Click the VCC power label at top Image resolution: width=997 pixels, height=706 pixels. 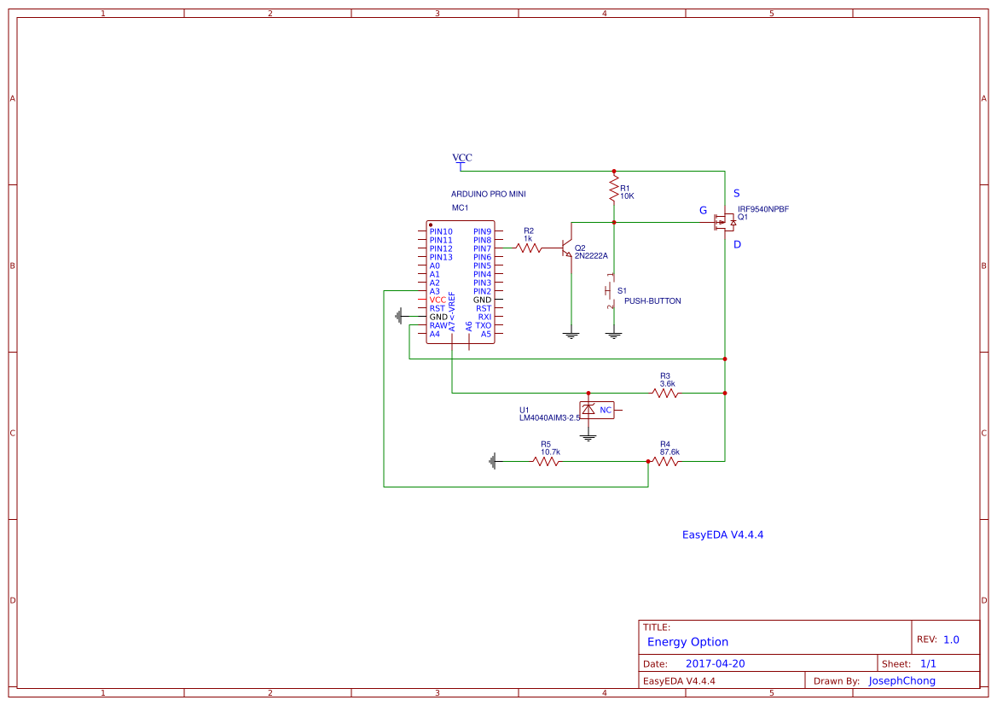(461, 158)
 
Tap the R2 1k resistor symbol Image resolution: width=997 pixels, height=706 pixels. (529, 248)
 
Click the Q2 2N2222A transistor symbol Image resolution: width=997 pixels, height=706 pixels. (567, 248)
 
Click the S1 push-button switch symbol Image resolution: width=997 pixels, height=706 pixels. (611, 291)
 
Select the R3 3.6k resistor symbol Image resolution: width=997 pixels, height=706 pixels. (665, 393)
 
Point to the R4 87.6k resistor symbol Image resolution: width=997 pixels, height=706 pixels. (665, 461)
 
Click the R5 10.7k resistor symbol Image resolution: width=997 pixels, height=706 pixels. (546, 461)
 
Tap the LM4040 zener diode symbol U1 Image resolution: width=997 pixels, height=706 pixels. (588, 410)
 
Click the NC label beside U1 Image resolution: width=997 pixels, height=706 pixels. (606, 411)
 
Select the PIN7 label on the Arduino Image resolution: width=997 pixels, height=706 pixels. (483, 248)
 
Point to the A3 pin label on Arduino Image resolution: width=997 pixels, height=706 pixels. (435, 291)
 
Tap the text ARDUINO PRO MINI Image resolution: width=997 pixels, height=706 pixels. (488, 195)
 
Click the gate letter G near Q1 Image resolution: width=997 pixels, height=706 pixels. (703, 210)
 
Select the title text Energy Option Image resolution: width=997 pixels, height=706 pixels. (687, 642)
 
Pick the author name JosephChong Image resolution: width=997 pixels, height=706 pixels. (901, 680)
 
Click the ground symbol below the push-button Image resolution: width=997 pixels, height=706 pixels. (613, 335)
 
